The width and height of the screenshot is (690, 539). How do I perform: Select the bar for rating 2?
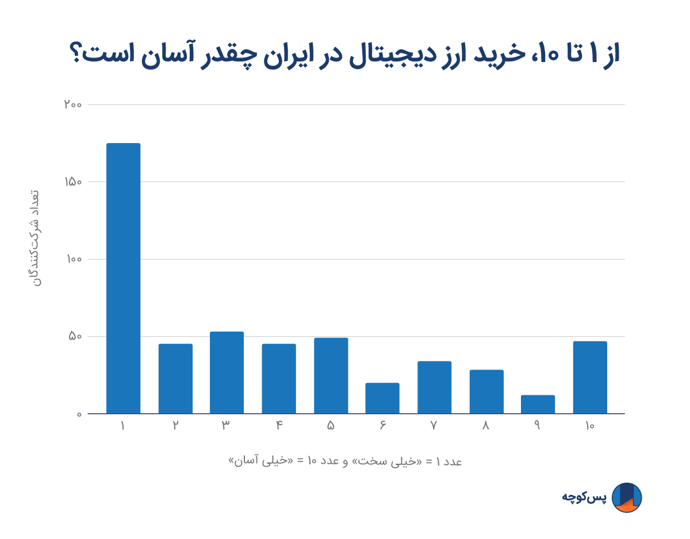(175, 379)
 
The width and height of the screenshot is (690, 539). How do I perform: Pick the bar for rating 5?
(331, 376)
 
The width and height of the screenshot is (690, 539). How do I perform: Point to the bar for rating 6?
(382, 398)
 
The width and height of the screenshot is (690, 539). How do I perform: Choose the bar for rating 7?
(434, 387)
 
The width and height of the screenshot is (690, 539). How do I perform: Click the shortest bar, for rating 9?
(538, 405)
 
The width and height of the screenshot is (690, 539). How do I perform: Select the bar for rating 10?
(590, 378)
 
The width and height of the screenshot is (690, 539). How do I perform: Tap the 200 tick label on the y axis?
(73, 105)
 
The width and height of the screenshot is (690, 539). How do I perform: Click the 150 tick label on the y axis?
(73, 182)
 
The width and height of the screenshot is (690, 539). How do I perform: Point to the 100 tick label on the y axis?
(73, 259)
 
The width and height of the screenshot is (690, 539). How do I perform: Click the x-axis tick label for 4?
(279, 426)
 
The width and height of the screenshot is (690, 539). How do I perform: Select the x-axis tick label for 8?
(486, 426)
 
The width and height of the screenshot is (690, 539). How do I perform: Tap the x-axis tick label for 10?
(590, 426)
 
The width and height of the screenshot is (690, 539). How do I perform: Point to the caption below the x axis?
(345, 461)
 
